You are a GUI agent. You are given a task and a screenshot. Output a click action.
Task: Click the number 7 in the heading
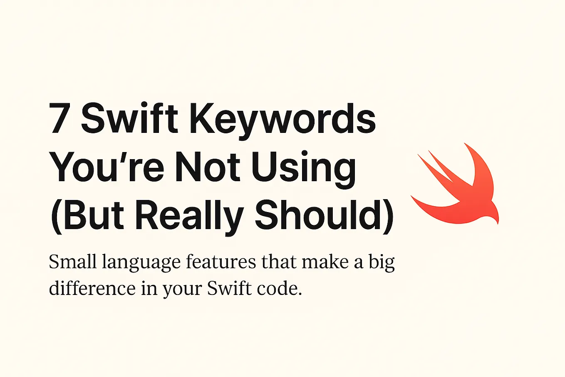59,118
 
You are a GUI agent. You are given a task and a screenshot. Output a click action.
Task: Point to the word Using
304,168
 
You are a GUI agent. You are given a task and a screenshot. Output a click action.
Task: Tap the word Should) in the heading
324,216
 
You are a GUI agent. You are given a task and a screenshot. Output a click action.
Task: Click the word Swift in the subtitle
229,288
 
